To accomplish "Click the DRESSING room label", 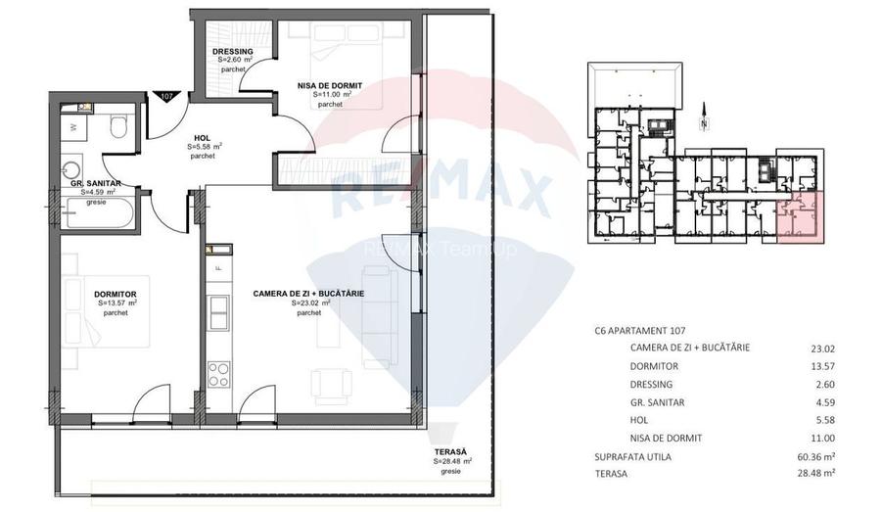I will click(233, 52).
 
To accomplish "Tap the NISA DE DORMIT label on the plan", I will click(330, 86).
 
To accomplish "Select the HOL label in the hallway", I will click(203, 138).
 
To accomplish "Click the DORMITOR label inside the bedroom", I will click(115, 294).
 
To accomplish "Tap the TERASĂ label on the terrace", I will click(452, 451).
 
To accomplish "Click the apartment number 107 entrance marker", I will click(166, 96).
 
